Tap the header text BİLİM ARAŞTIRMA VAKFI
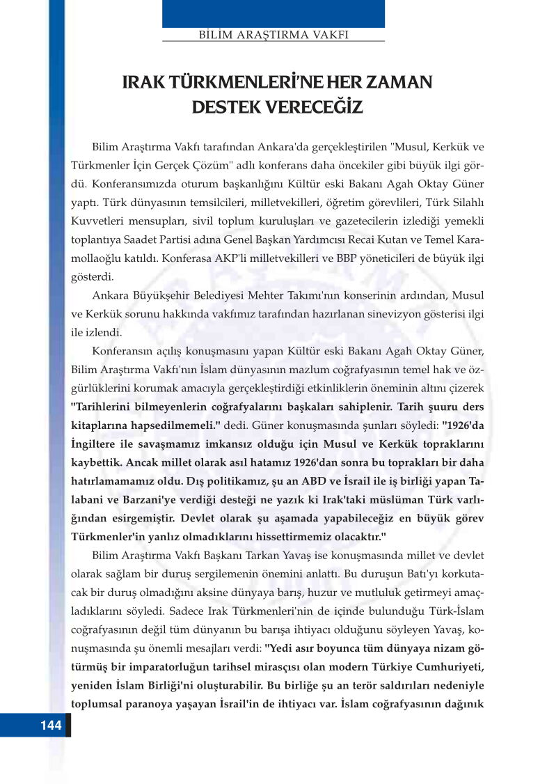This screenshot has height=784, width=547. click(x=273, y=34)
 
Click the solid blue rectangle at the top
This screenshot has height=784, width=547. click(x=273, y=13)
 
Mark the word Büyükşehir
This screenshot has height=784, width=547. click(x=159, y=296)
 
